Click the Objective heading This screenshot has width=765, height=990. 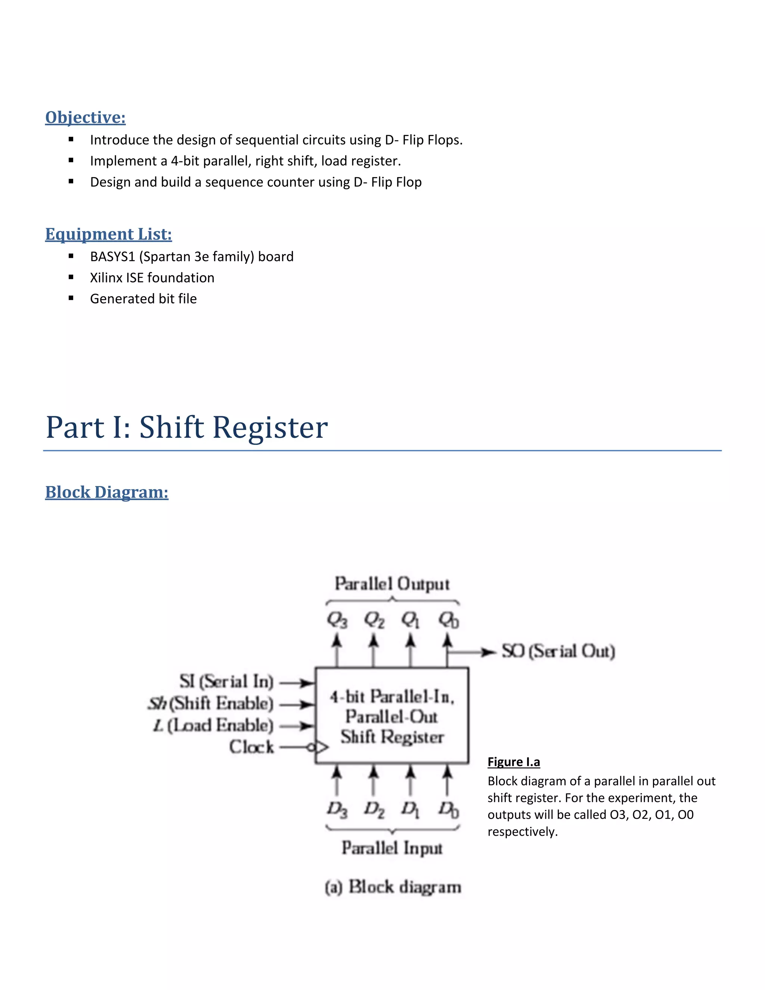pos(85,117)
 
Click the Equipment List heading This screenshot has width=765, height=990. pos(108,234)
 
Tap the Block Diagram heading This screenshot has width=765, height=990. pos(106,492)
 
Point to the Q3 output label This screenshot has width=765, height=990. pos(337,620)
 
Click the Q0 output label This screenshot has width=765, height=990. pos(448,620)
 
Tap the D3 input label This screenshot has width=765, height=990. pos(337,809)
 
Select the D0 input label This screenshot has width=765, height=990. pos(448,809)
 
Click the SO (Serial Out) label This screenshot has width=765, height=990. pos(558,652)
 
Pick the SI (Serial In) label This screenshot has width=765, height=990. pos(226,681)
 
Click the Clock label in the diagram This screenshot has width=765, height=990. pos(251,746)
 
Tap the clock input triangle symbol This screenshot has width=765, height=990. pos(321,747)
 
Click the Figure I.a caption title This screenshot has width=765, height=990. pos(514,762)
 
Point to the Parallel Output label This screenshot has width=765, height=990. pos(392,584)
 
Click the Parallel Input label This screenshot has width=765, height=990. pos(392,848)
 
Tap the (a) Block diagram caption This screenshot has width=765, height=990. pos(393,887)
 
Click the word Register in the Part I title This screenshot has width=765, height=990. pos(270,427)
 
